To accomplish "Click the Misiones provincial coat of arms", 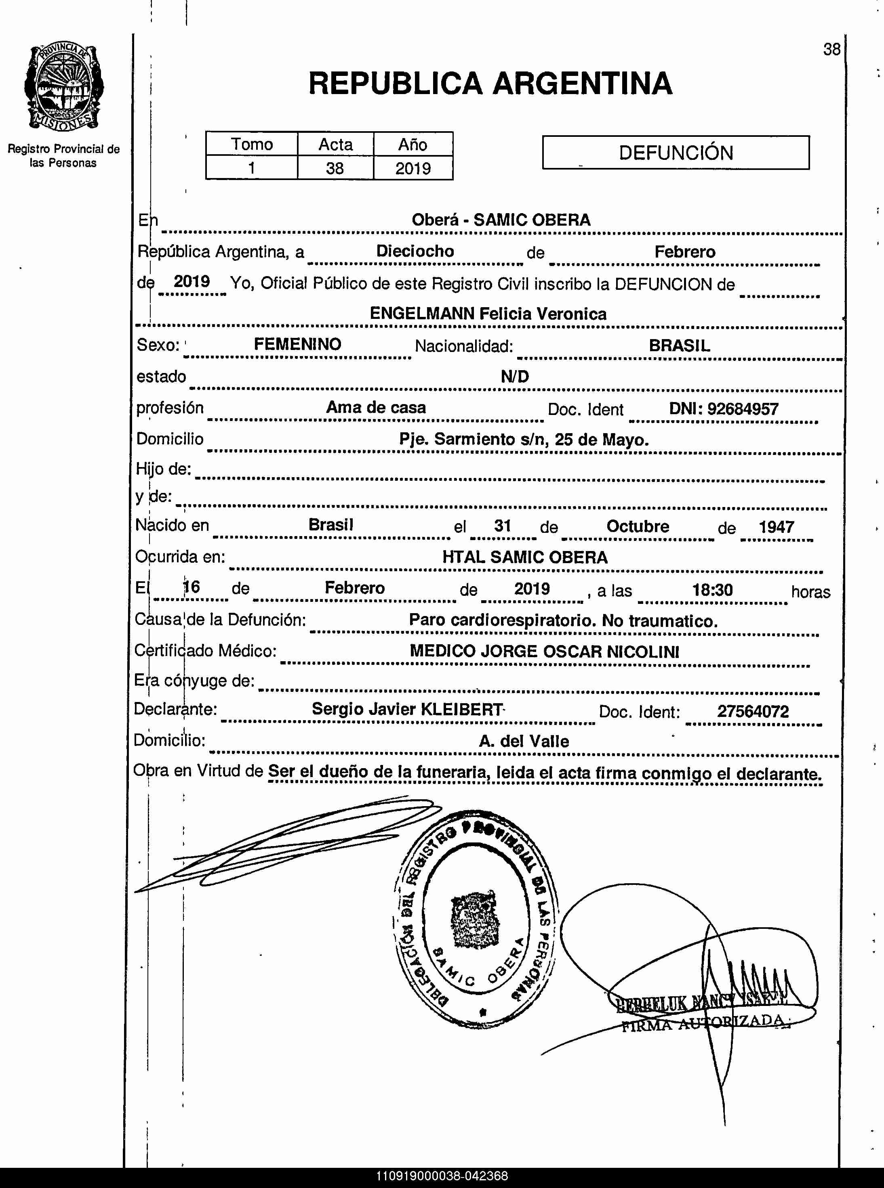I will point(64,87).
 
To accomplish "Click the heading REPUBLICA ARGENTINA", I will point(490,84).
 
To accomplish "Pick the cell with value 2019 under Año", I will point(413,168).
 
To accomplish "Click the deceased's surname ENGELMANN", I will point(422,313).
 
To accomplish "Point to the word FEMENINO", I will point(297,344).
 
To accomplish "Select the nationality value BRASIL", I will point(679,346).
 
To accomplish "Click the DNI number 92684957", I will point(742,409).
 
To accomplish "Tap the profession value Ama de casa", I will point(376,407).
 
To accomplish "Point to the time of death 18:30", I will point(712,590).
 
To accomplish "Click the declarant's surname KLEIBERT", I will point(462,709).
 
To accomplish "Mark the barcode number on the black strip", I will point(442,1176).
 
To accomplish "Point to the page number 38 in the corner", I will point(831,49).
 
